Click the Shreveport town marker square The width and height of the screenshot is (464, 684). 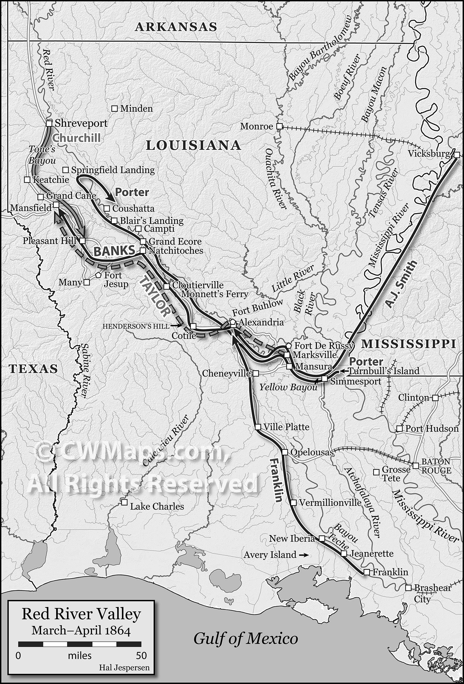[x=49, y=123]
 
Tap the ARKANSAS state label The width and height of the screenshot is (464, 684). [x=176, y=27]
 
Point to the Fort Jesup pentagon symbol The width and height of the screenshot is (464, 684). [x=98, y=275]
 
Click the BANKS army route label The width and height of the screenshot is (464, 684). [x=114, y=251]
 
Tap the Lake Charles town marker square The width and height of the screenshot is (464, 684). [x=124, y=502]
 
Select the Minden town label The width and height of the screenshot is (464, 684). [x=136, y=108]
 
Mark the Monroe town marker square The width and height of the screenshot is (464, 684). [x=279, y=126]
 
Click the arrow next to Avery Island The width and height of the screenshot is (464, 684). [x=303, y=555]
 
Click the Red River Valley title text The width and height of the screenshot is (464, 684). [x=81, y=614]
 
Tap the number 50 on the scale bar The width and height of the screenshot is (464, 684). [x=141, y=655]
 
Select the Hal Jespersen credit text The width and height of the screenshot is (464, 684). [x=124, y=667]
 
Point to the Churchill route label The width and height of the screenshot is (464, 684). [x=77, y=138]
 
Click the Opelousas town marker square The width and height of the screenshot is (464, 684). [x=284, y=452]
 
